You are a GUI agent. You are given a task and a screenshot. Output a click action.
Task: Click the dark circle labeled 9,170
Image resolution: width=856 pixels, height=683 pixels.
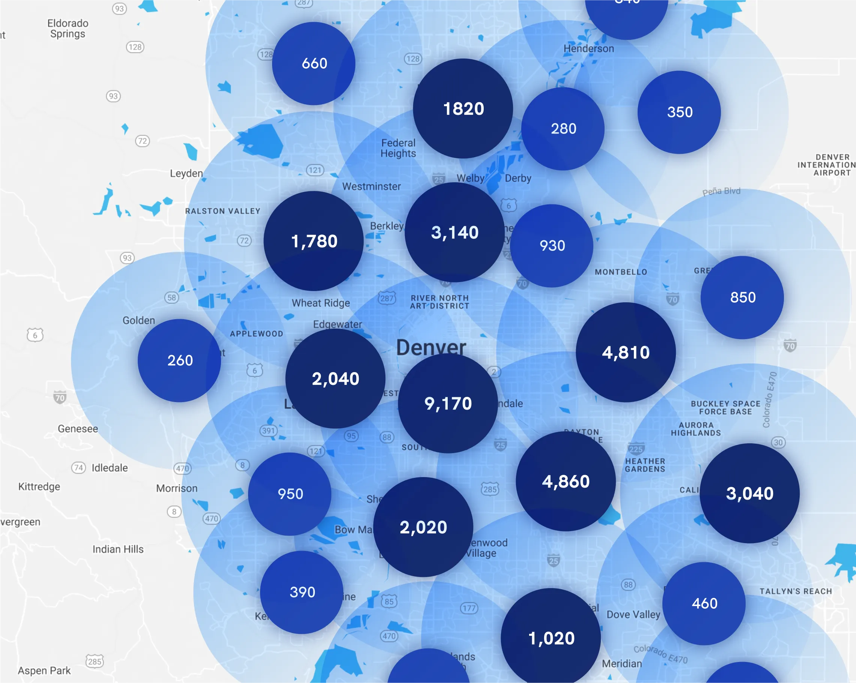447,403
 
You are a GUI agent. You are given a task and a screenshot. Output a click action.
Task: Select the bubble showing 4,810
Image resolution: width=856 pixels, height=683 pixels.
625,353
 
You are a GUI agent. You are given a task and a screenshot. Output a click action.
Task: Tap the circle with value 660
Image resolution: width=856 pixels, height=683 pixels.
314,63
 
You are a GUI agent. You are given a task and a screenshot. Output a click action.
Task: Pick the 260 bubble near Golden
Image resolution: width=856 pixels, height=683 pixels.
179,360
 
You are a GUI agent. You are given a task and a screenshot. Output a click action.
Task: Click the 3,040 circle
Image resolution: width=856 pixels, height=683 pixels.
749,493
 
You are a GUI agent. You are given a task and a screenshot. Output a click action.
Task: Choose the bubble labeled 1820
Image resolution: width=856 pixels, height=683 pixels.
463,109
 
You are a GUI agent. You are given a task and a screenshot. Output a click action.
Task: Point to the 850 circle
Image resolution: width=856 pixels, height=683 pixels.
742,297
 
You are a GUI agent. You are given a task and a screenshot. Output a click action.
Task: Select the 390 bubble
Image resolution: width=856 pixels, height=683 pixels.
302,592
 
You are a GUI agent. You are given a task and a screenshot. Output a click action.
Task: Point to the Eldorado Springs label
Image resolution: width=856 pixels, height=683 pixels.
68,29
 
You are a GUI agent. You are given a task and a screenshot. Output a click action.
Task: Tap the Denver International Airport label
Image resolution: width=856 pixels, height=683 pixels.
827,165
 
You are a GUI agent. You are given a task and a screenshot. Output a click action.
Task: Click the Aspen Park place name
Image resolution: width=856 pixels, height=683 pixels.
44,670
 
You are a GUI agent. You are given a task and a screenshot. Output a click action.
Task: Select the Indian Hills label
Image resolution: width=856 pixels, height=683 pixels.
118,549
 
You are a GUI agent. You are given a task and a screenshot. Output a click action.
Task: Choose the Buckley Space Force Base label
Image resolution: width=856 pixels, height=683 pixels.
725,408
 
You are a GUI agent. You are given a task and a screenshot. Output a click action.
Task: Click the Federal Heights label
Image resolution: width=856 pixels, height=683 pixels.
398,148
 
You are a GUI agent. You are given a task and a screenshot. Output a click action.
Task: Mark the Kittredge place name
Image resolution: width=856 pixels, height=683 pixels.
39,486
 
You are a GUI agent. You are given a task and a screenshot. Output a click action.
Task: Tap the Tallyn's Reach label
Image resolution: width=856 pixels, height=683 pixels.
796,591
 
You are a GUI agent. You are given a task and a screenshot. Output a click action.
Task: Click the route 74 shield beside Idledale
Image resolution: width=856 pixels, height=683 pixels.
78,467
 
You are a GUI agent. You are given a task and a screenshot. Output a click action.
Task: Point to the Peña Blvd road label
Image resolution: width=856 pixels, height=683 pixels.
721,191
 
